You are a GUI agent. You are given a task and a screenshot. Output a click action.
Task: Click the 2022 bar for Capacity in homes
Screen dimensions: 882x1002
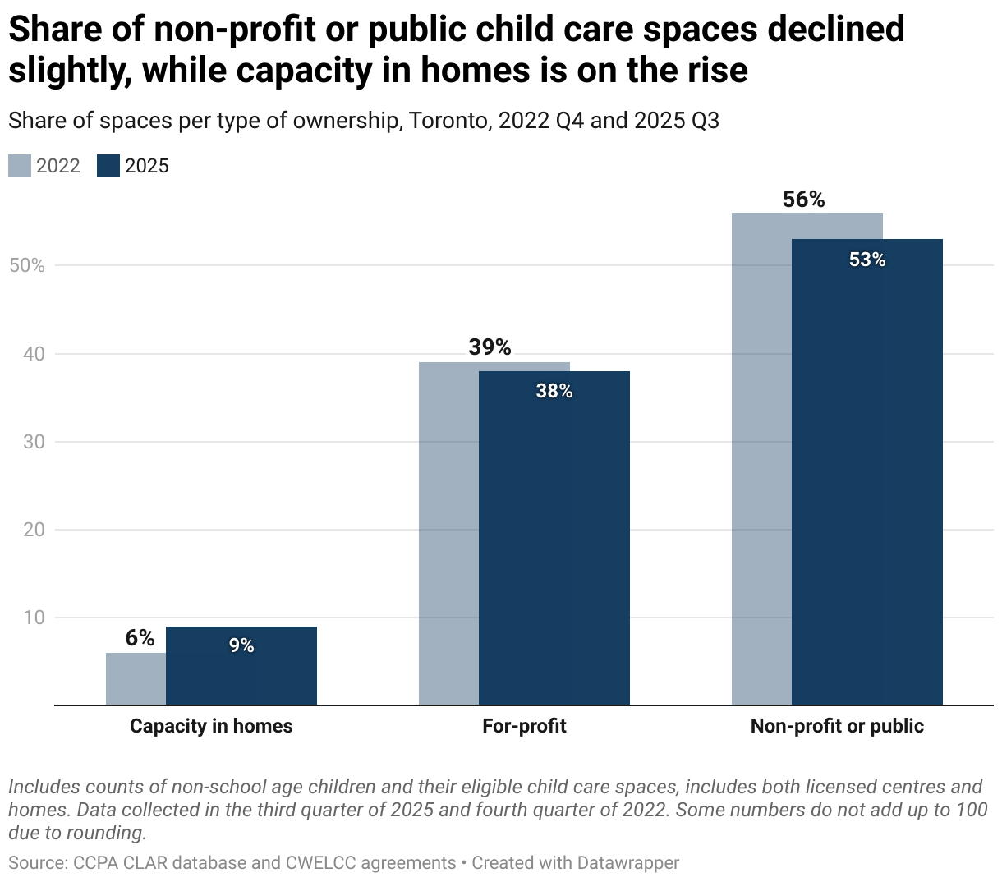point(136,679)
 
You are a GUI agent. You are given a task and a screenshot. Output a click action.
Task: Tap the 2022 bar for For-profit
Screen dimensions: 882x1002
point(448,534)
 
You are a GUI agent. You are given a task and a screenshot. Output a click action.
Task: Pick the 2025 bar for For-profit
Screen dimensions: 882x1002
point(554,542)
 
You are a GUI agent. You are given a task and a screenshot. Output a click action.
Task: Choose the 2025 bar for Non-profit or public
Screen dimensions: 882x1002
point(867,476)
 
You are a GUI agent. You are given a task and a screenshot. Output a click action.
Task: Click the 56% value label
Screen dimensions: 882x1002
point(803,200)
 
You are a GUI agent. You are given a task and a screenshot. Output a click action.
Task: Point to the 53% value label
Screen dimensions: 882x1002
point(867,260)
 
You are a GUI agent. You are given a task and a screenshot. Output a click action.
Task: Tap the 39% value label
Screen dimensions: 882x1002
point(490,347)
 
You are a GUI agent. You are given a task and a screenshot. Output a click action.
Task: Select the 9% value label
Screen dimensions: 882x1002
point(241,645)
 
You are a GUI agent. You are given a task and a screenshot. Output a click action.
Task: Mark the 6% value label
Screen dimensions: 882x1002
point(140,638)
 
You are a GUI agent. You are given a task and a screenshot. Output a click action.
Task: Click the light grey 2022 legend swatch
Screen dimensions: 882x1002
point(20,166)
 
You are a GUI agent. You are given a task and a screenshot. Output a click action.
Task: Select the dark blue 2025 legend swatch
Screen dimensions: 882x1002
point(108,166)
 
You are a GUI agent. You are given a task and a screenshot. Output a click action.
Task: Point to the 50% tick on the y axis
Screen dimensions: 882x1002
point(26,266)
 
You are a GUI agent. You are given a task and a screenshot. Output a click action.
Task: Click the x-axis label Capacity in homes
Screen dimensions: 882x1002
point(211,726)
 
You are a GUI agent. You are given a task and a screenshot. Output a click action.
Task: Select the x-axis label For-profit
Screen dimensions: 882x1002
point(524,726)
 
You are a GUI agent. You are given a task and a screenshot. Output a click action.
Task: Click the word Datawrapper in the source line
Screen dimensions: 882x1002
point(627,863)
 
